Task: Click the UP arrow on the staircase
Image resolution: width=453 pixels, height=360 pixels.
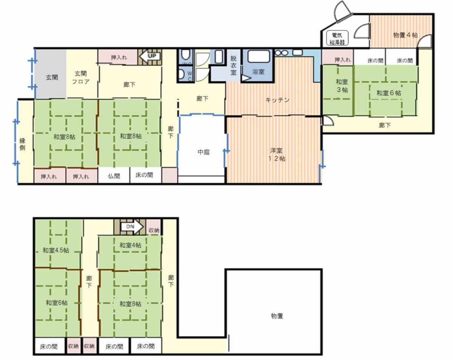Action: coord(150,56)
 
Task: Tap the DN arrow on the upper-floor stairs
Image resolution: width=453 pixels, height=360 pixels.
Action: coord(133,227)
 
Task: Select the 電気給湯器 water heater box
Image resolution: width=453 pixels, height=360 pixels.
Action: coord(337,38)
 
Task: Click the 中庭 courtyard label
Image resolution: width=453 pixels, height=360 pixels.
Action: coord(204,152)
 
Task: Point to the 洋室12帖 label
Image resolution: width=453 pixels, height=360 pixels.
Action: coord(277,155)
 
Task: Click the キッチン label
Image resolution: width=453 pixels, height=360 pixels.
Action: coord(277,100)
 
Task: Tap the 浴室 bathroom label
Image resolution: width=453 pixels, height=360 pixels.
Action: coord(258,72)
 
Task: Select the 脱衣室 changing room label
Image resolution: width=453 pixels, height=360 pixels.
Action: coord(233,65)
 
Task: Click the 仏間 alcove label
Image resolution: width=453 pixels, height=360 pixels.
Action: coord(114,176)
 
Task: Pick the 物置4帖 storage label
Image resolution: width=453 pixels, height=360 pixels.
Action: coord(405,35)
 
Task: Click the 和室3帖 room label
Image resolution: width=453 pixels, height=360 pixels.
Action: coord(342,85)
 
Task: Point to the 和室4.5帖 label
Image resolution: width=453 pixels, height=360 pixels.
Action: coord(56,250)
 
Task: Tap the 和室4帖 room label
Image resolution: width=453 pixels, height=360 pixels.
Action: coord(130,245)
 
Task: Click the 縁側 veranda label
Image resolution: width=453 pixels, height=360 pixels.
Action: coord(22,144)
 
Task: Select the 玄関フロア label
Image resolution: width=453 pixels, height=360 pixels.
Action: coord(81,77)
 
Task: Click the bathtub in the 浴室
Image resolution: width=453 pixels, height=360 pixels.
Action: coord(259,56)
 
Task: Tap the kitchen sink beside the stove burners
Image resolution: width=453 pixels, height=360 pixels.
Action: coord(297,52)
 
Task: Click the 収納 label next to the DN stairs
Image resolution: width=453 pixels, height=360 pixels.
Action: coord(154,230)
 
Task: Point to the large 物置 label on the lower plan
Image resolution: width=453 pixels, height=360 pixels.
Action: coord(277,316)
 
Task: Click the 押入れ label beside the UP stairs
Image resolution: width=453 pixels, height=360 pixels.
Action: coord(119,57)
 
